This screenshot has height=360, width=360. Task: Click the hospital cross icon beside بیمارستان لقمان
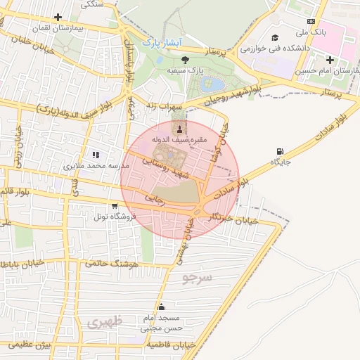[x=58, y=18]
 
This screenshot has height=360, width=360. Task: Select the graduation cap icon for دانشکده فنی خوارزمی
[x=275, y=37]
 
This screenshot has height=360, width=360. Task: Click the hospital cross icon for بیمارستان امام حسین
[x=330, y=60]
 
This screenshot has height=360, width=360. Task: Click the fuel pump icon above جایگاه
[x=281, y=151]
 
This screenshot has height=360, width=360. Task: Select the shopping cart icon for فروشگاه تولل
[x=114, y=205]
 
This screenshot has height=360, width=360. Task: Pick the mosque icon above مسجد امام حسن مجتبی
[x=162, y=307]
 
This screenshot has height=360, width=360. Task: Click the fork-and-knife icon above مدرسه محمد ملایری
[x=96, y=155]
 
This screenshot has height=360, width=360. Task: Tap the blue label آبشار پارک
[x=161, y=44]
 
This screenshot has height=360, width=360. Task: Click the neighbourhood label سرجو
[x=197, y=278]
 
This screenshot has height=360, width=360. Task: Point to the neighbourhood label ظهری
[x=105, y=321]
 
